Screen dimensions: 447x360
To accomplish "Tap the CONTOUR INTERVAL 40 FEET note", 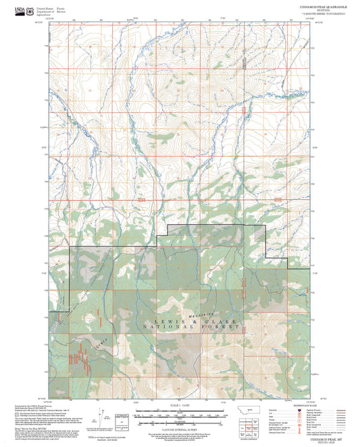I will coord(179,423).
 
